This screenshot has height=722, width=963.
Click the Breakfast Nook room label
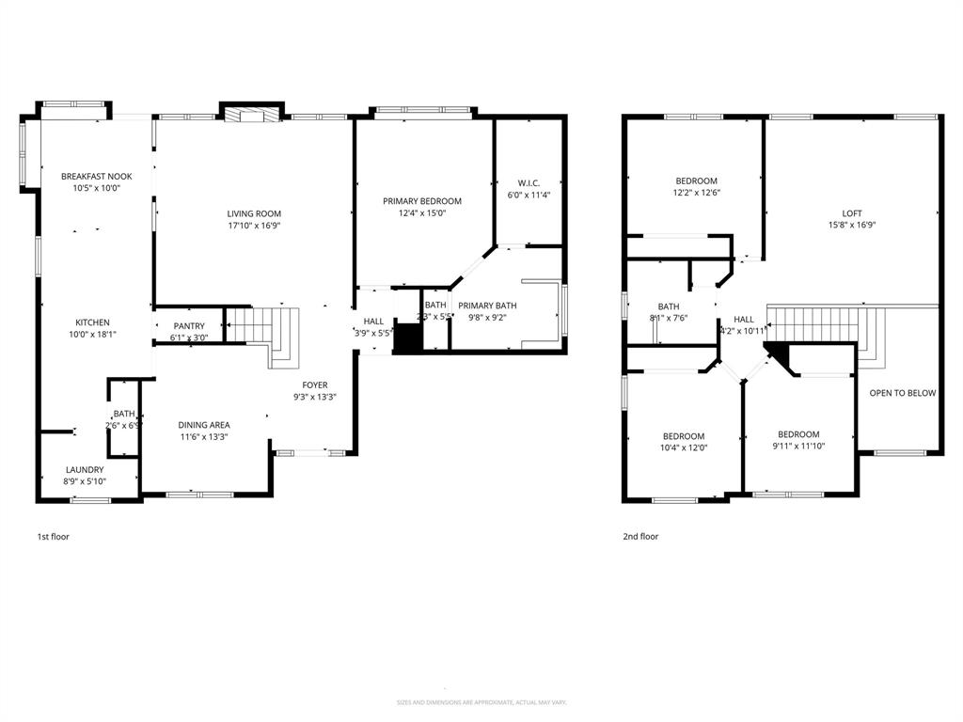point(97,177)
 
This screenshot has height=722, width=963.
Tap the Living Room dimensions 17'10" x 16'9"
point(254,226)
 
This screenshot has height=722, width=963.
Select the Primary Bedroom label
point(422,201)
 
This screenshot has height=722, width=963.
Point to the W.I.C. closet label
point(529,183)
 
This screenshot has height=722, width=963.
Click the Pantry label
point(189,326)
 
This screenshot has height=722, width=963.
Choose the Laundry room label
point(85,470)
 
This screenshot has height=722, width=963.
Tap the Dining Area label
point(204,425)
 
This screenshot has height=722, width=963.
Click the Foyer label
point(315,385)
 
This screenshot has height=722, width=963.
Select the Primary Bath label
point(487,306)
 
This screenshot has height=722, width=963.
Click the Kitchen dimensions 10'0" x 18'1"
point(92,334)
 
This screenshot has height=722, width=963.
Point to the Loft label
point(852,213)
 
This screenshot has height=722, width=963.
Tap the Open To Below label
point(903,393)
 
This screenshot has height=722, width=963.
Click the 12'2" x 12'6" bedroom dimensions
point(697,193)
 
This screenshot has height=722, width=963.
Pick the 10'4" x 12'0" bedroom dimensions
point(684,447)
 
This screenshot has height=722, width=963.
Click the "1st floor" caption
point(53,537)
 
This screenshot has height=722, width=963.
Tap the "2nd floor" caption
point(640,537)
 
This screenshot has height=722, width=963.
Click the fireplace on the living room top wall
point(251,115)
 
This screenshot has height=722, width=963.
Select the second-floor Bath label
point(669,306)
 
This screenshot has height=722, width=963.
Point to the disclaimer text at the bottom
point(481,702)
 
